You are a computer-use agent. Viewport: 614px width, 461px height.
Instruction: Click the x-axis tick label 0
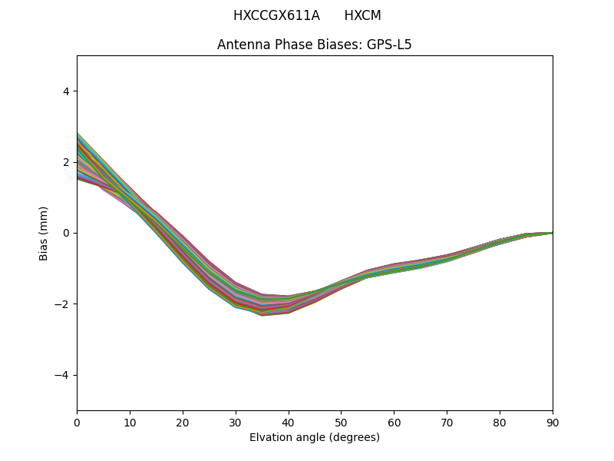click(77, 422)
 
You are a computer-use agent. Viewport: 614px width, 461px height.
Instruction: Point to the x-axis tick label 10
click(130, 422)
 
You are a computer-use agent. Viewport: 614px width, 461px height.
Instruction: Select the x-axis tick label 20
click(183, 422)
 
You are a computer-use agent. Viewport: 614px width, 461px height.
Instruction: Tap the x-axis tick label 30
click(236, 422)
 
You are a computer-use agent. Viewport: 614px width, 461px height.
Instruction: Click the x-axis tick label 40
click(289, 422)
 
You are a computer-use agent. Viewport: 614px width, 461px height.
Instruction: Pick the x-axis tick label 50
click(341, 422)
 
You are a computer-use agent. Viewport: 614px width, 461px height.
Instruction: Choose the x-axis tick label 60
click(394, 422)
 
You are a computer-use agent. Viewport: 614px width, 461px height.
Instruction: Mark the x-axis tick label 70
click(447, 422)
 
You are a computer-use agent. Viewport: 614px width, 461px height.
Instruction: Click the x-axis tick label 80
click(500, 422)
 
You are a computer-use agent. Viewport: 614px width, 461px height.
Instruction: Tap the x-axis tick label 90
click(553, 422)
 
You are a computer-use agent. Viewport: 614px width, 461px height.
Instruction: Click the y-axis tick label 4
click(66, 91)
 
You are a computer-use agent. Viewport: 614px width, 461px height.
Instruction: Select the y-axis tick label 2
click(66, 162)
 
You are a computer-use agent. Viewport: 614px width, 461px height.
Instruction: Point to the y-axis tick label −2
click(63, 304)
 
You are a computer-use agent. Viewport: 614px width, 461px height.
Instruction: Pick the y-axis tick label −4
click(63, 375)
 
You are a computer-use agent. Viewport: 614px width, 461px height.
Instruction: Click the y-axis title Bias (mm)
click(44, 233)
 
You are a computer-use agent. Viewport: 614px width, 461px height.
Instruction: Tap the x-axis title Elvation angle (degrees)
click(315, 438)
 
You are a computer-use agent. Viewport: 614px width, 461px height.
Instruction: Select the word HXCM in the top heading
click(362, 15)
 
